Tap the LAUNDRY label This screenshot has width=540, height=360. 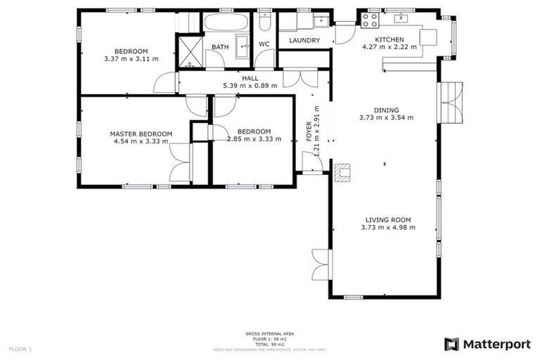pyautogui.click(x=304, y=41)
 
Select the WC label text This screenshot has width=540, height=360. pyautogui.click(x=264, y=44)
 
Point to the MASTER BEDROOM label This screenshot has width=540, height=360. pyautogui.click(x=141, y=134)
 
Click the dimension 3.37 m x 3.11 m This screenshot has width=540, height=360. pyautogui.click(x=131, y=59)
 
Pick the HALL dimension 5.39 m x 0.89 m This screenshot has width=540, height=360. pyautogui.click(x=250, y=86)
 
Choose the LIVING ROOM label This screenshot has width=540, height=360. pyautogui.click(x=387, y=219)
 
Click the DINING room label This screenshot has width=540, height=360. pyautogui.click(x=386, y=110)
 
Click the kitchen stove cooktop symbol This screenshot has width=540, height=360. pyautogui.click(x=370, y=19)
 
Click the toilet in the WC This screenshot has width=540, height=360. pyautogui.click(x=264, y=23)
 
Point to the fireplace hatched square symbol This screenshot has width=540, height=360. pyautogui.click(x=342, y=172)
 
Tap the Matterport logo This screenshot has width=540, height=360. pyautogui.click(x=487, y=344)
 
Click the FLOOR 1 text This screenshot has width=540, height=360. pyautogui.click(x=20, y=348)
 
